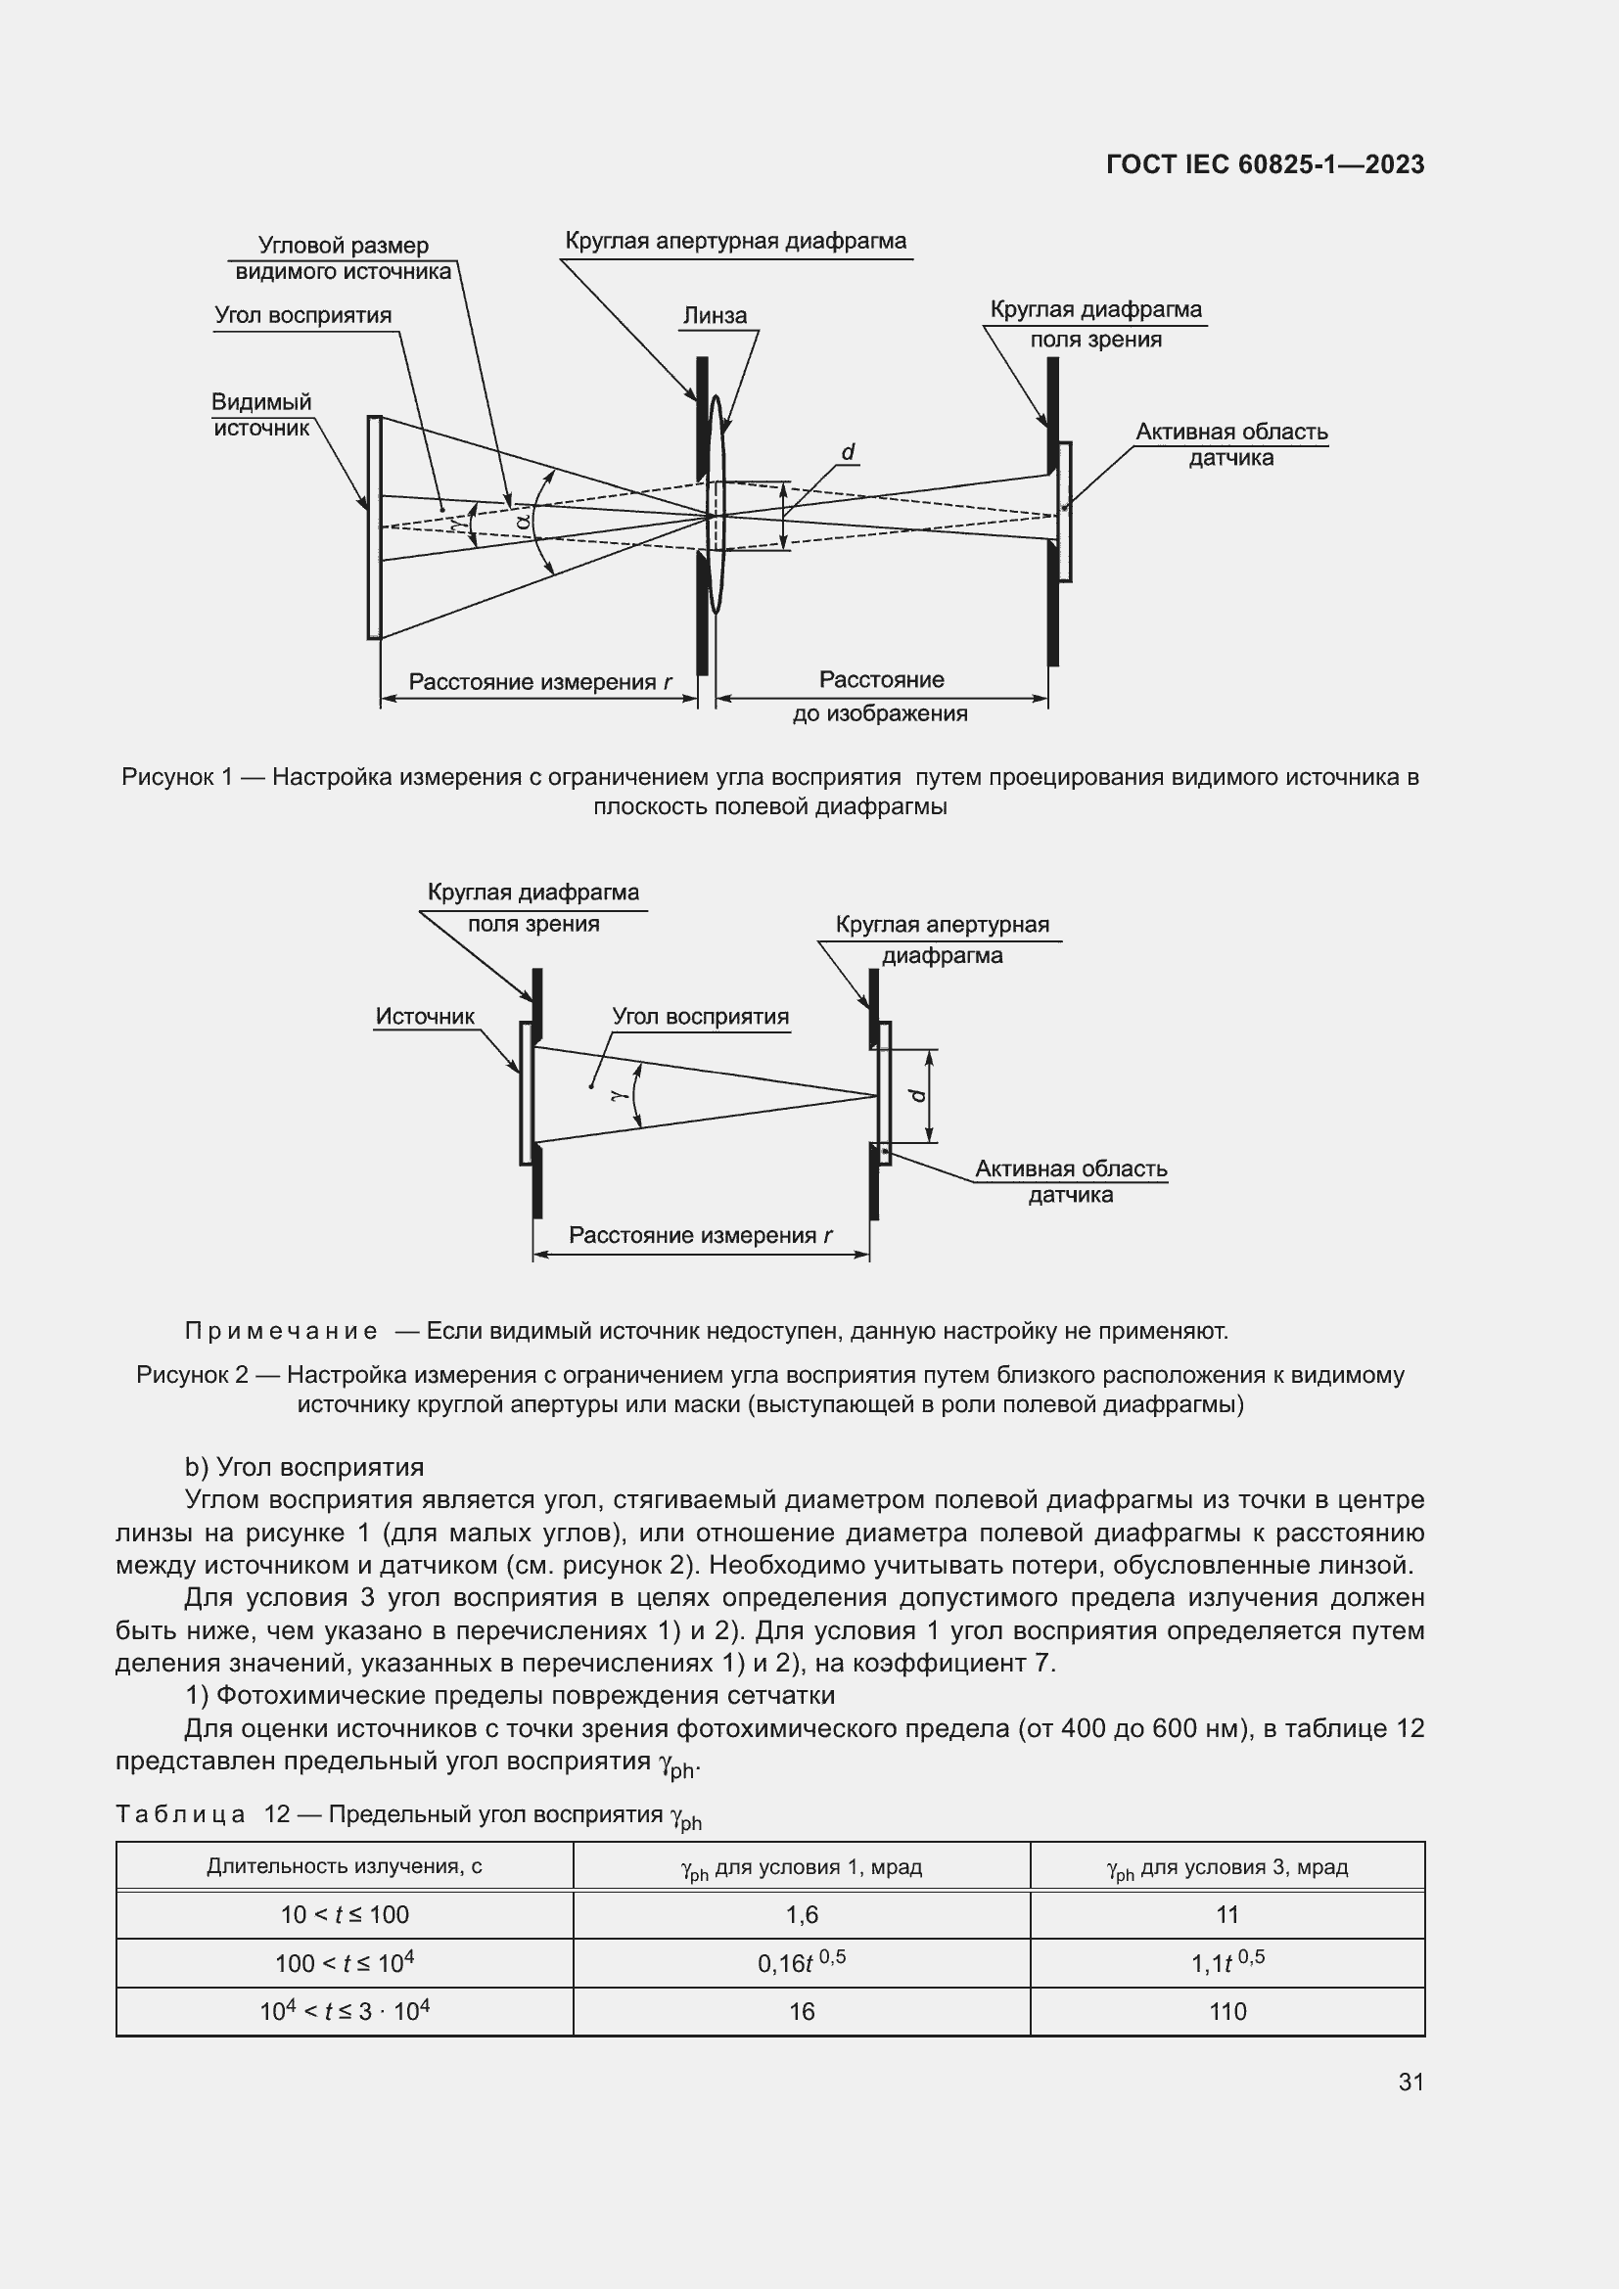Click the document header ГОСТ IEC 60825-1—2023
(x=1264, y=164)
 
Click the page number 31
(x=1411, y=2082)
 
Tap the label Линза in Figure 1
(x=714, y=316)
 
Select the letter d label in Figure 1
(x=848, y=453)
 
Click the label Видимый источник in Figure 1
(x=261, y=415)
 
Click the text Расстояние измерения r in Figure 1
(x=539, y=682)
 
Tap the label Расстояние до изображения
(x=880, y=696)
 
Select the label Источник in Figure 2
(x=425, y=1016)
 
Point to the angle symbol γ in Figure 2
(x=618, y=1094)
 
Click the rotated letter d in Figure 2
(x=918, y=1095)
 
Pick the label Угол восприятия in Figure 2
(x=700, y=1017)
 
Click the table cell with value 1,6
(x=802, y=1914)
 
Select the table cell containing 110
(x=1227, y=2011)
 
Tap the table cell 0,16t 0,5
(x=802, y=1962)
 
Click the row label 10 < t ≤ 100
(x=344, y=1914)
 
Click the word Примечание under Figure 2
(x=281, y=1331)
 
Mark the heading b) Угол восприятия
(x=304, y=1467)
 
